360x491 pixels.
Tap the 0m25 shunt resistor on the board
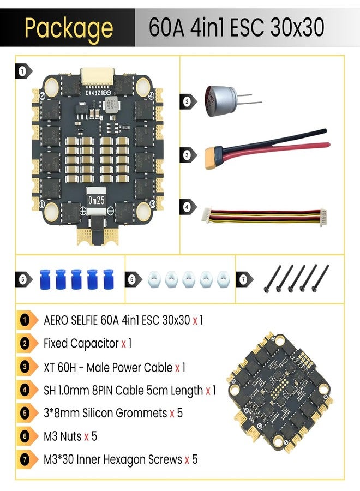(x=96, y=200)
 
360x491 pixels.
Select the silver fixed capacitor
(x=221, y=101)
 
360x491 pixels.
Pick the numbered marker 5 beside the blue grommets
(x=23, y=279)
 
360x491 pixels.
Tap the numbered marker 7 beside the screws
(x=244, y=279)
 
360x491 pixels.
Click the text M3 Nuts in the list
(x=63, y=436)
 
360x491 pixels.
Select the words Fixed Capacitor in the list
(x=81, y=344)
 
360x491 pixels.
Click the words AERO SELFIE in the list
(x=71, y=320)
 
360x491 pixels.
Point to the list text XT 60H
(x=60, y=367)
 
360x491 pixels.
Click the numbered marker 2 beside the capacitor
(x=187, y=101)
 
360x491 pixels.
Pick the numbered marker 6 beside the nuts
(x=132, y=279)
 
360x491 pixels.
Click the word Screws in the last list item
(x=165, y=459)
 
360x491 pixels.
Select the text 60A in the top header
(x=166, y=28)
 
